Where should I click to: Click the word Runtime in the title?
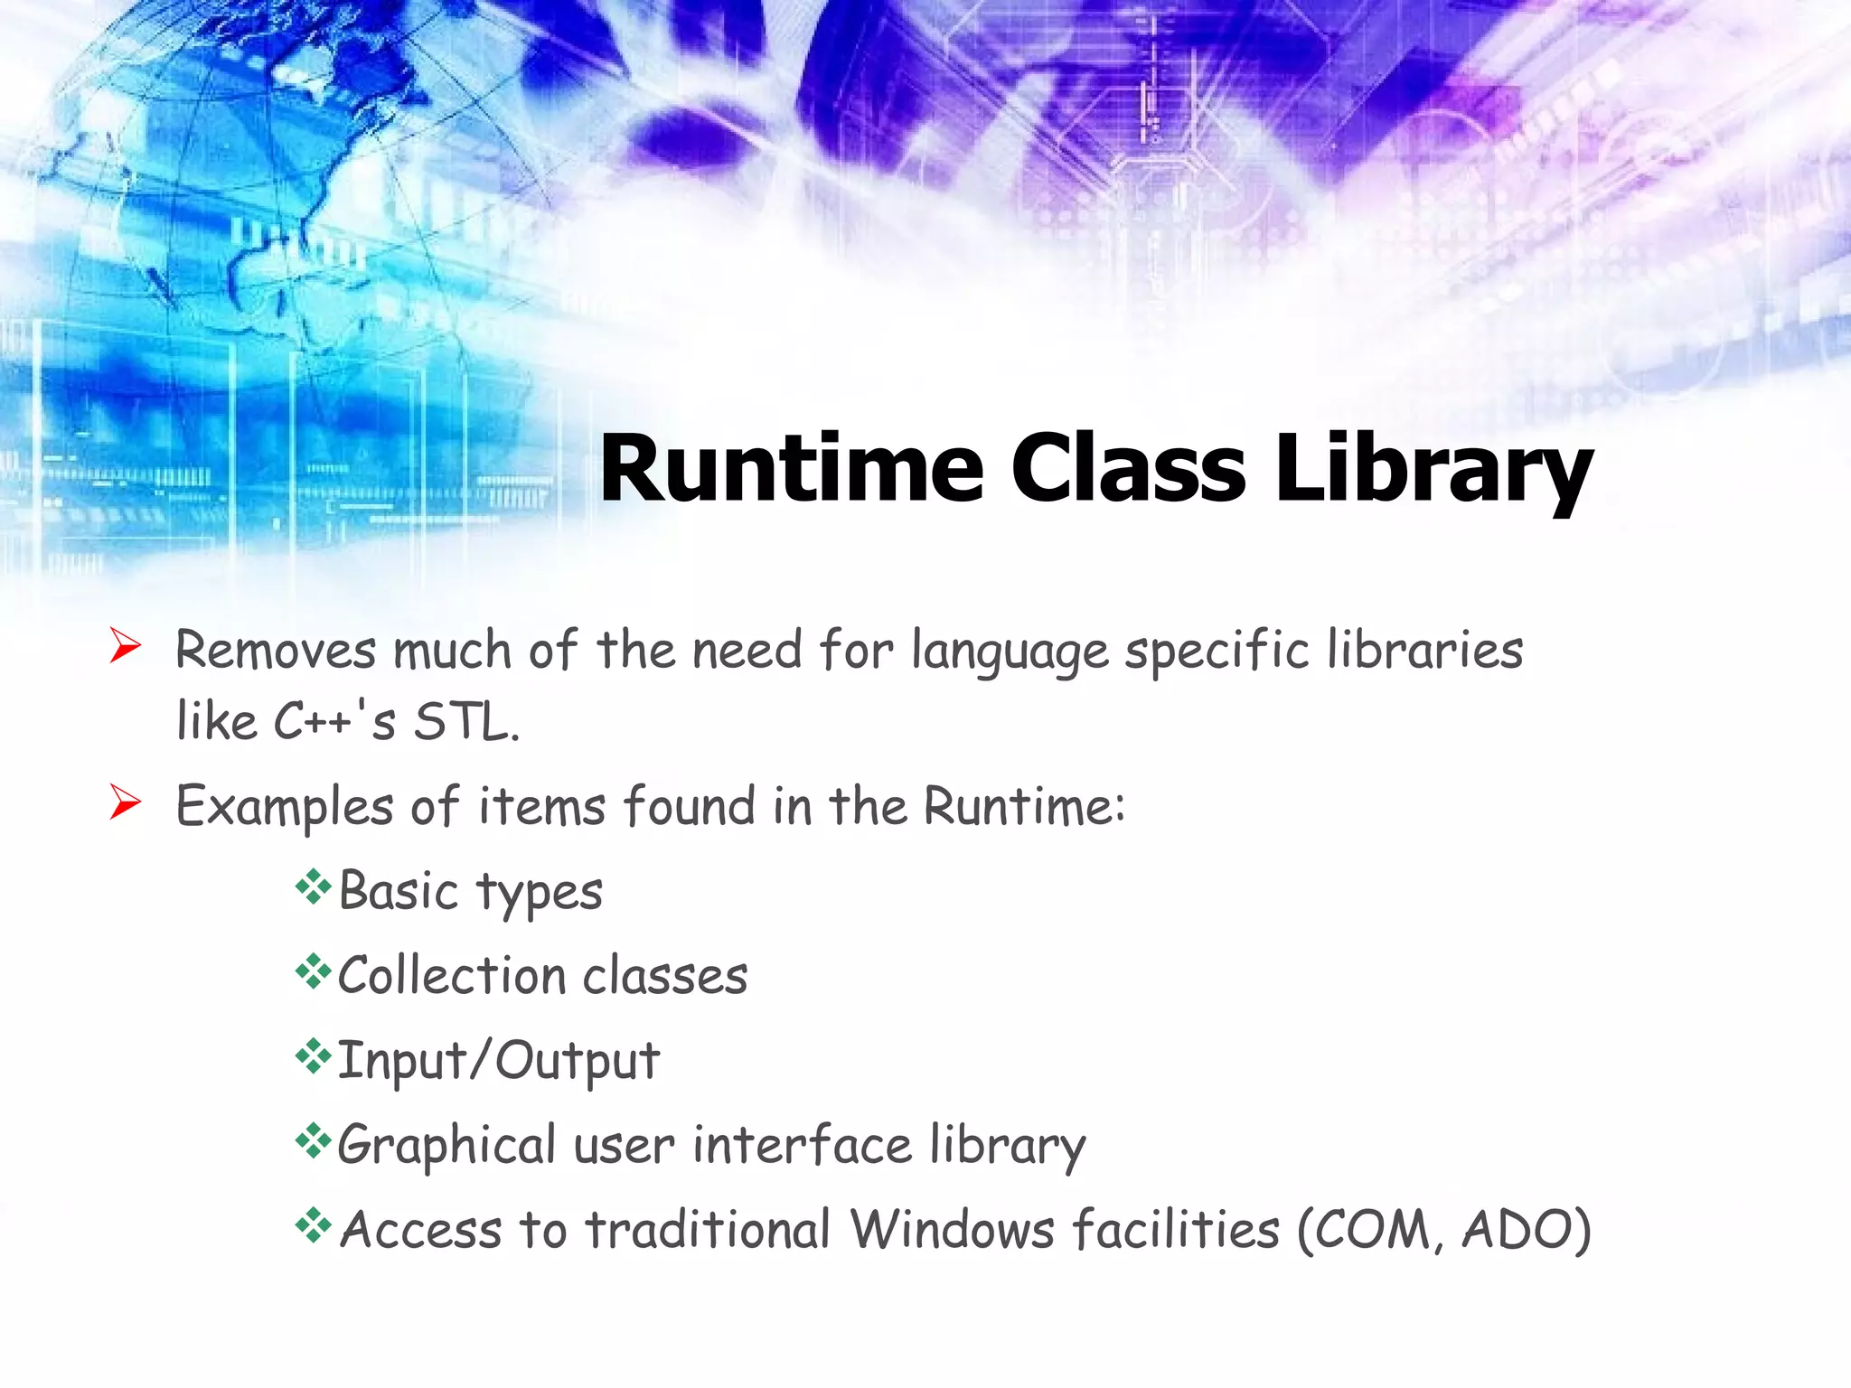(x=791, y=468)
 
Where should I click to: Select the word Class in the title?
(x=1129, y=468)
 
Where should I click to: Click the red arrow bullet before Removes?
(x=125, y=646)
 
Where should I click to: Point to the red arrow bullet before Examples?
(x=125, y=802)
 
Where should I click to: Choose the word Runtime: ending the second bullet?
(x=1025, y=805)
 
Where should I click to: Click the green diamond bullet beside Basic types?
(x=313, y=887)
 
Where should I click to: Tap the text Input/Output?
(x=498, y=1061)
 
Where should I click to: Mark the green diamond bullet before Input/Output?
(x=313, y=1056)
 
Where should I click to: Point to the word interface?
(x=802, y=1145)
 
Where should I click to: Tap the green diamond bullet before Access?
(x=313, y=1225)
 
